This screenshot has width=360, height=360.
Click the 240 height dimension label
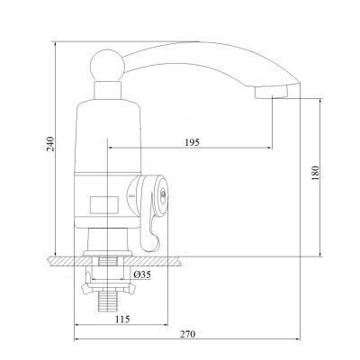coord(50,144)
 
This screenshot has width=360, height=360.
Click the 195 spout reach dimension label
coord(192,142)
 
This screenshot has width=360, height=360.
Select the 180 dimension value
coord(315,173)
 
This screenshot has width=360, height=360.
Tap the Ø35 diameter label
coord(142,274)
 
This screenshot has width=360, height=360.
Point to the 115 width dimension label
coord(122,319)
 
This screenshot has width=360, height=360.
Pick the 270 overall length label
coord(187,334)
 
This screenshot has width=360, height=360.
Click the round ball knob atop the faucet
coord(107,65)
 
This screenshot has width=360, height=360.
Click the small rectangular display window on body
coord(104,204)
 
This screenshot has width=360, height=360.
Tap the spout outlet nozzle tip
coord(272,92)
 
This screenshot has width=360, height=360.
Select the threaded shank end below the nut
coord(107,301)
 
